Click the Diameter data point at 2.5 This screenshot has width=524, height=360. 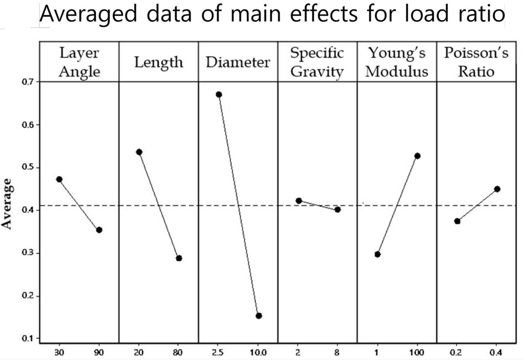point(219,95)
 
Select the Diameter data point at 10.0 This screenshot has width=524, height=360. point(259,316)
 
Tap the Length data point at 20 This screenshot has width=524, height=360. point(139,152)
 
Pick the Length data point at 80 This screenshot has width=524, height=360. point(179,258)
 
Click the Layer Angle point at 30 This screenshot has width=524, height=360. point(59,179)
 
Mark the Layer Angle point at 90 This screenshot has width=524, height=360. point(99,230)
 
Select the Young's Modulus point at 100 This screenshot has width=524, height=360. point(417,156)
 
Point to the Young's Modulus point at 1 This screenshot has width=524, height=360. point(377,254)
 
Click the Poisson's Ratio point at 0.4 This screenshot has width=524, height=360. point(497,189)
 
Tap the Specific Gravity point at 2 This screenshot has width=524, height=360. point(299,200)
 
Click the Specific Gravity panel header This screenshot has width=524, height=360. point(317,62)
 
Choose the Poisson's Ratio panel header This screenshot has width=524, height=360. point(476,62)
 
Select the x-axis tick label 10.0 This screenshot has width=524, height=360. point(259,352)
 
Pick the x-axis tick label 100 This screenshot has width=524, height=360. point(417,352)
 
